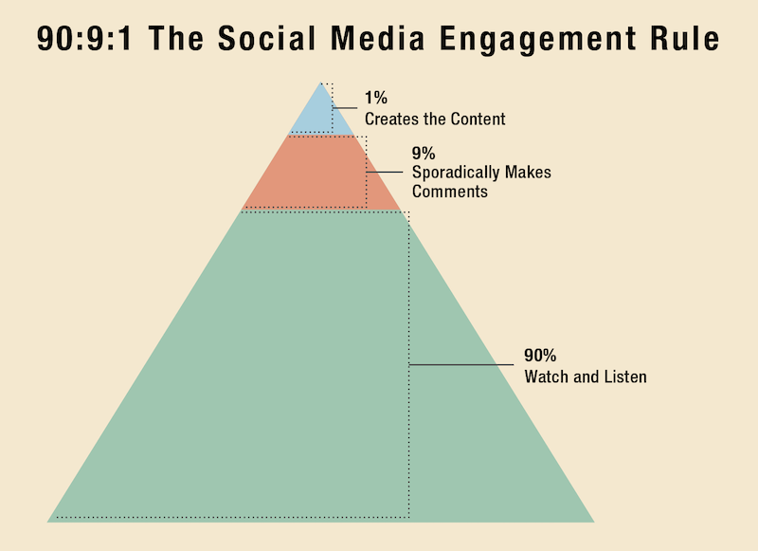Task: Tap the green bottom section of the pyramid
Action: tap(313, 379)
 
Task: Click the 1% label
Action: tap(376, 99)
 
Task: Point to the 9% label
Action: tap(424, 152)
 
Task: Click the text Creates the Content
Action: tap(435, 119)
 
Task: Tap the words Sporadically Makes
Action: tap(481, 173)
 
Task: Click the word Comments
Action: tap(449, 192)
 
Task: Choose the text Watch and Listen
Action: tap(585, 377)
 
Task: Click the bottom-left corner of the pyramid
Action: tap(49, 521)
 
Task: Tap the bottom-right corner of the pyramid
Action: tap(592, 521)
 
